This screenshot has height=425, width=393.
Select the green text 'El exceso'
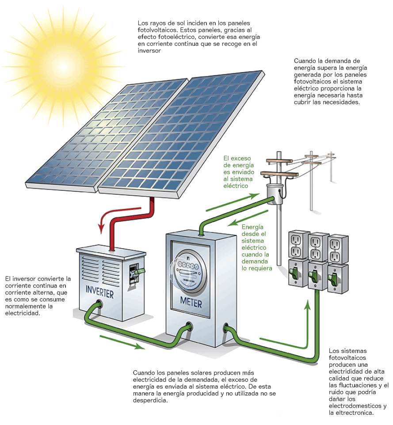point(237,158)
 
